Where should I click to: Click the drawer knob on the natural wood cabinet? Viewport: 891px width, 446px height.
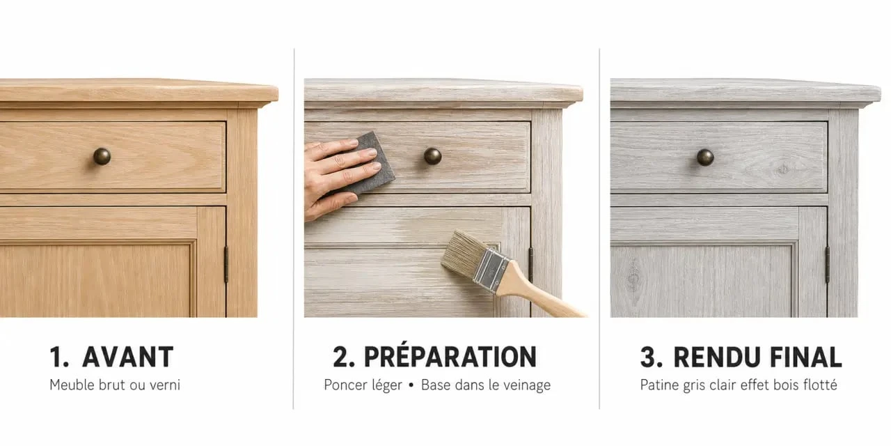tap(102, 156)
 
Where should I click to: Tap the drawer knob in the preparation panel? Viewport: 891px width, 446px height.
tap(432, 155)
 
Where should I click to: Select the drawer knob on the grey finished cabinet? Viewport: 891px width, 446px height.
tap(705, 157)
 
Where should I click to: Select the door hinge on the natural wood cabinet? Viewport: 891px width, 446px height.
tap(226, 264)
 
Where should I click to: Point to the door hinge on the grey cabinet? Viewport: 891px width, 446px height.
tap(828, 264)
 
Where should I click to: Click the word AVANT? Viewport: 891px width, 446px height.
tap(127, 357)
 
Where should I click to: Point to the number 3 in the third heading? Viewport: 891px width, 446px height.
tap(648, 357)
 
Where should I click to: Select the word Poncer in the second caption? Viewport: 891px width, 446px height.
tap(343, 385)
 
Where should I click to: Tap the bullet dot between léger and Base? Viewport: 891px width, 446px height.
tap(411, 385)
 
